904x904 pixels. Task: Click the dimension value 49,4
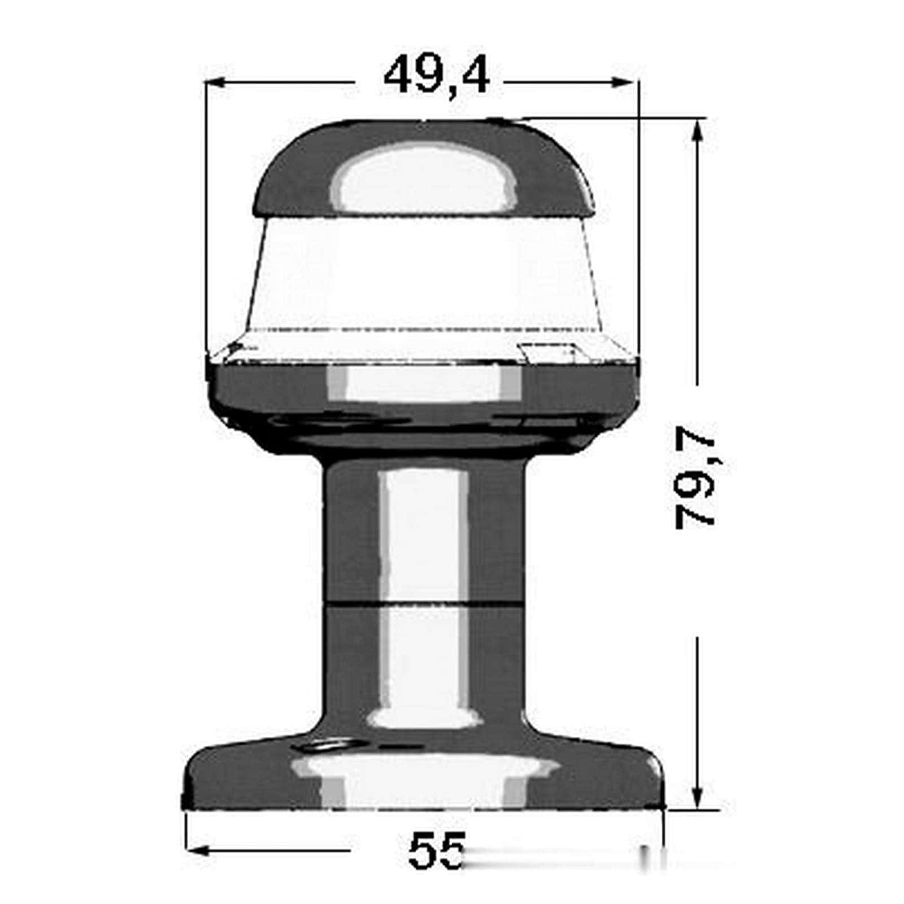point(436,75)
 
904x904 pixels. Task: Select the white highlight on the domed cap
point(427,178)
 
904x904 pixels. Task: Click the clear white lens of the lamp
point(424,282)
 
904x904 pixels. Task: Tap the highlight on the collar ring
point(424,384)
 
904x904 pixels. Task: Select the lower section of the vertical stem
point(424,667)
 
